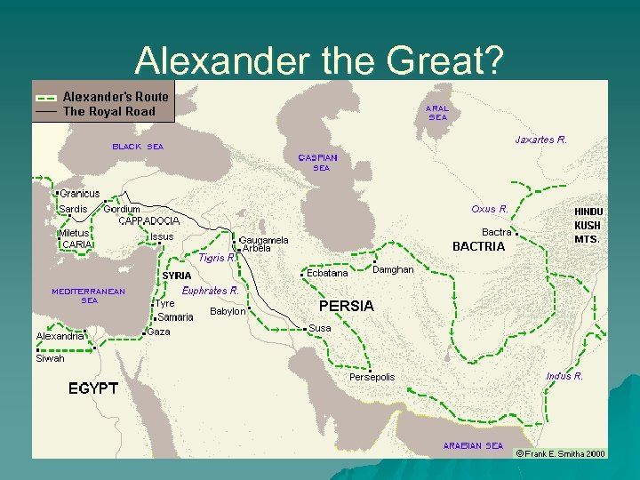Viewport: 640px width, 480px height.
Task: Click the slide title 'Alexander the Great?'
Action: click(x=319, y=60)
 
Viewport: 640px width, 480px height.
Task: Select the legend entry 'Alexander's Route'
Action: click(x=115, y=96)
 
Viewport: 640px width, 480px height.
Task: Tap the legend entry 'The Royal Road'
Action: click(x=108, y=112)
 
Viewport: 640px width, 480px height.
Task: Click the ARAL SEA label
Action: click(x=438, y=112)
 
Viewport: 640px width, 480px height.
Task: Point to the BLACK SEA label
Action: click(x=137, y=147)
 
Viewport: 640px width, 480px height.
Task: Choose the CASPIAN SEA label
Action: click(x=317, y=162)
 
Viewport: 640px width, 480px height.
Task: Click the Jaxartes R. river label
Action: click(x=540, y=140)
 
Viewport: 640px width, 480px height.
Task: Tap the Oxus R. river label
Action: click(x=489, y=209)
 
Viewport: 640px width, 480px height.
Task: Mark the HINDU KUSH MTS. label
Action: click(x=588, y=226)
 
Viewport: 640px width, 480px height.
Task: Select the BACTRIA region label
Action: click(x=478, y=246)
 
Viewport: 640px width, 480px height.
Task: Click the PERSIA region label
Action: click(x=346, y=306)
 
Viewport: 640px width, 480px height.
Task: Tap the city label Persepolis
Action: click(x=372, y=378)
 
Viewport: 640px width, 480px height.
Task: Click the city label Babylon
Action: click(x=228, y=311)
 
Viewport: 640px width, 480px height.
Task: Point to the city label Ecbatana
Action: click(x=327, y=274)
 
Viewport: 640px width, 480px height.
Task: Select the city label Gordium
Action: click(x=122, y=209)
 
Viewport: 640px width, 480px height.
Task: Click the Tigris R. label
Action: click(x=217, y=258)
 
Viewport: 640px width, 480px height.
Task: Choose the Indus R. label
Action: click(x=564, y=376)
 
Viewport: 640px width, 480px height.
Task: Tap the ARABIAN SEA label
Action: click(x=473, y=445)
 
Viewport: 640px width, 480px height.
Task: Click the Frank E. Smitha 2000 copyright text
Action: click(x=561, y=453)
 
